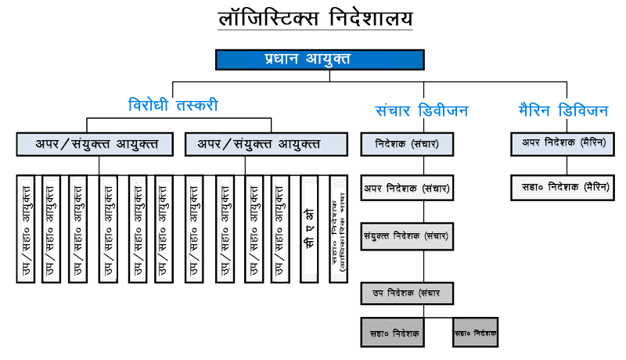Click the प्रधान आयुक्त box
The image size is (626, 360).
(x=319, y=59)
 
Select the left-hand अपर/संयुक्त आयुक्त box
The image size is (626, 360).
(x=95, y=144)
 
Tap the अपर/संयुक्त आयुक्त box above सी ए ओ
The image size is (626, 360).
(x=266, y=144)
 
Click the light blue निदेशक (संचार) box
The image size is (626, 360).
(x=407, y=145)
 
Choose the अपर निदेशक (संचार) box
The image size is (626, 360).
(x=407, y=188)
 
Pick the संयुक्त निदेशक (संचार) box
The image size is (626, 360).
(x=407, y=236)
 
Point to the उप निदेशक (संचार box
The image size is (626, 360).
(x=407, y=293)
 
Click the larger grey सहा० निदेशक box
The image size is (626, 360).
(x=395, y=333)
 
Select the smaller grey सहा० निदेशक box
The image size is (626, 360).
(x=475, y=333)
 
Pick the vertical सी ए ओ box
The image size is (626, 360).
(x=309, y=228)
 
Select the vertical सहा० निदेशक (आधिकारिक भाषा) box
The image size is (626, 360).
(x=338, y=228)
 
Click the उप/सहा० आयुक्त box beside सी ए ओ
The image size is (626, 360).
(x=280, y=228)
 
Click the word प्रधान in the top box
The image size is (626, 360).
(x=283, y=59)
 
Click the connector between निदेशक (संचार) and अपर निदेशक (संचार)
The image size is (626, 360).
(x=423, y=165)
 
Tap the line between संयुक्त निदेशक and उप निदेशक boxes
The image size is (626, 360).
(x=423, y=266)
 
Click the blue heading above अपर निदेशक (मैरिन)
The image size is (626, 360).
(x=562, y=110)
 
